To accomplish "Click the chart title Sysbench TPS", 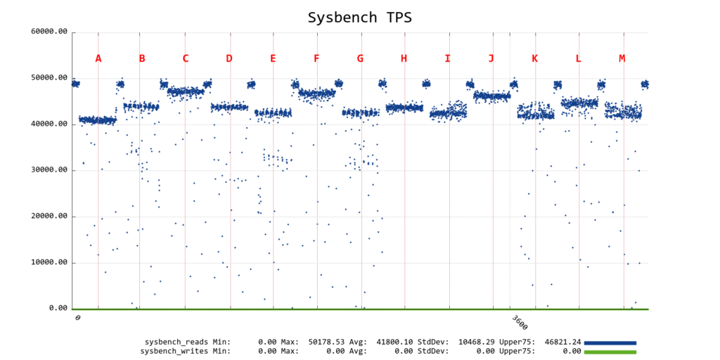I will coord(359,17).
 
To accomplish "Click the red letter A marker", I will coord(98,58).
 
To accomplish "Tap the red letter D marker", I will coord(229,58).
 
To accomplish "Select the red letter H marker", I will coord(404,58).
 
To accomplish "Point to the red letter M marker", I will coord(622,58).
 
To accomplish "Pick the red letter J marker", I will coord(491,58).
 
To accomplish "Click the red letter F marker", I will coord(316,58).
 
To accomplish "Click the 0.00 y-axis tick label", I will coord(58,309).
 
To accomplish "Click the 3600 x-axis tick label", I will coord(519,323).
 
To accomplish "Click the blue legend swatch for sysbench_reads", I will coord(610,342).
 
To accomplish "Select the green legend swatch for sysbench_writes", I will coord(610,351).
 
